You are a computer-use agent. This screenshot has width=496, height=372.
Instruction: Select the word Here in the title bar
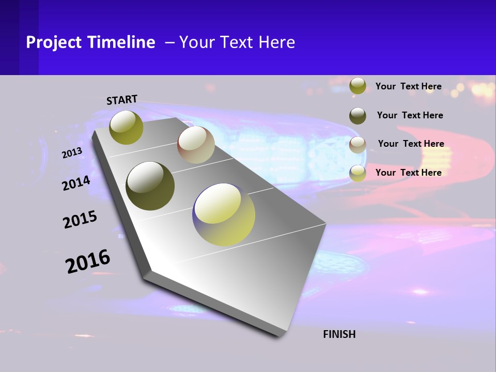[x=276, y=42]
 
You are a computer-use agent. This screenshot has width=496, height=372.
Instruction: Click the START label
[x=122, y=100]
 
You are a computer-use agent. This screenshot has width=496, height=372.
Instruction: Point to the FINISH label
[x=339, y=334]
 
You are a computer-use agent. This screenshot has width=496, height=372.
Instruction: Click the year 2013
[x=72, y=153]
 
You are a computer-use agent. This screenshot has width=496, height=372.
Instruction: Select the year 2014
[x=76, y=183]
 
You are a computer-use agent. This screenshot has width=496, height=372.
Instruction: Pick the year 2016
[x=88, y=261]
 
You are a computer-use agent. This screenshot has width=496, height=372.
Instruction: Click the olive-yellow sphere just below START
[x=127, y=127]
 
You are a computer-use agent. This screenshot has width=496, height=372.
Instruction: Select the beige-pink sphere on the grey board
[x=196, y=145]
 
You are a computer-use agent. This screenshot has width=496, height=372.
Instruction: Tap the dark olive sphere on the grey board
[x=150, y=186]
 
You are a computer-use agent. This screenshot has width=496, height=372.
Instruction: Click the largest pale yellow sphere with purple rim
[x=224, y=214]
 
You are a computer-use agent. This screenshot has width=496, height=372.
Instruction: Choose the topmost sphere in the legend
[x=358, y=86]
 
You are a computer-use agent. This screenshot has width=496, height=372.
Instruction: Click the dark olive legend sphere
[x=358, y=116]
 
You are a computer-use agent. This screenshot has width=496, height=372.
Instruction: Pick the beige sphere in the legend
[x=358, y=145]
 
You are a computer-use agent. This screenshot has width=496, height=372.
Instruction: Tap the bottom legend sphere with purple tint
[x=358, y=173]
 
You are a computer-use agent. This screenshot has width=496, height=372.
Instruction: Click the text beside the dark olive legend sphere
[x=410, y=115]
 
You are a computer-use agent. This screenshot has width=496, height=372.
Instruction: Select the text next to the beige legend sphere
[x=411, y=144]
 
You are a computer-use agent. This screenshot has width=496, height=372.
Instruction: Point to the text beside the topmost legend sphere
[x=408, y=86]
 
